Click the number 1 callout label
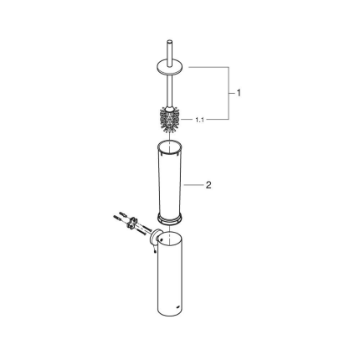point(239,92)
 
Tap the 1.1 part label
point(199,120)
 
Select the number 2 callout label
point(208,184)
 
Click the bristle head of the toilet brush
point(170,119)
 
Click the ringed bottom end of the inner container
point(170,219)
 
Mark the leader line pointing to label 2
point(193,184)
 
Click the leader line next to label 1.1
point(188,120)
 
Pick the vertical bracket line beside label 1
point(229,92)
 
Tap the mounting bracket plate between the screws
point(131,224)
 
